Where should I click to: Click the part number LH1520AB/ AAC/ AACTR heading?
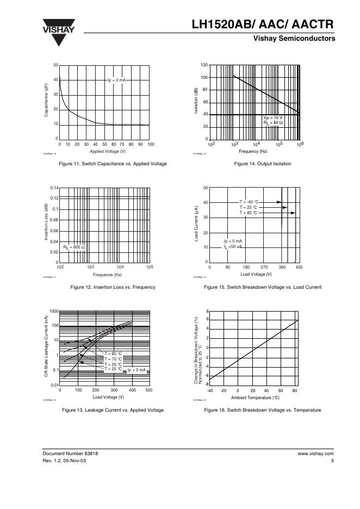pos(263,26)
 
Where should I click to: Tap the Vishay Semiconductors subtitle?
pos(293,39)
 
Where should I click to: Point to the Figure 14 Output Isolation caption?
pos(262,164)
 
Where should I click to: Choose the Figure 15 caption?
pos(262,287)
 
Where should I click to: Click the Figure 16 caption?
pos(262,410)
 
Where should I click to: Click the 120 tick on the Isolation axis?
pos(204,65)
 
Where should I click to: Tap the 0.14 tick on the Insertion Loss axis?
pos(54,188)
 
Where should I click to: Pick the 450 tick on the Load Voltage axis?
pos(299,268)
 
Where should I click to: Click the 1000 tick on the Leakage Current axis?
pos(53,312)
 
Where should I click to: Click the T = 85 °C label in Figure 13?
pos(113,354)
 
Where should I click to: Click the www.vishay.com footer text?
pos(315,453)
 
